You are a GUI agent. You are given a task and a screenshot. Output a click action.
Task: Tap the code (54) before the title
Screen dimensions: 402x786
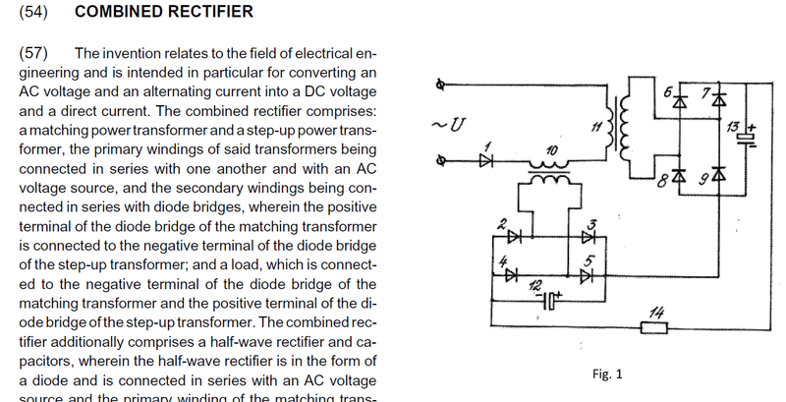(x=34, y=13)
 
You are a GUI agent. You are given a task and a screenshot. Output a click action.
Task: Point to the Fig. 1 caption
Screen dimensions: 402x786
(x=608, y=374)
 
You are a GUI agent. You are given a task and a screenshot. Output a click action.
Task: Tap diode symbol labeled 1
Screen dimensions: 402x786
(x=484, y=160)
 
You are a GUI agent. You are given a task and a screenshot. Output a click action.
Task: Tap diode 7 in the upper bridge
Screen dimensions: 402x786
(x=719, y=100)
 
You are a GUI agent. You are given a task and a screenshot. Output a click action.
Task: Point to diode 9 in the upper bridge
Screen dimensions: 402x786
(x=719, y=174)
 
